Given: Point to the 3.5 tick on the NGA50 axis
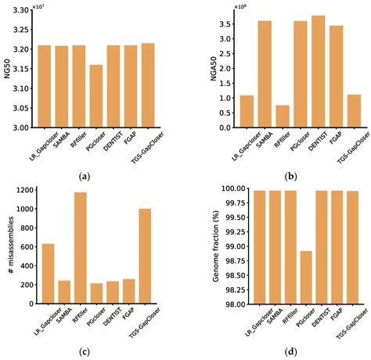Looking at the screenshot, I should (229, 24).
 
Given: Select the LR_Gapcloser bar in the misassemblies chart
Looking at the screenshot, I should (49, 274).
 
